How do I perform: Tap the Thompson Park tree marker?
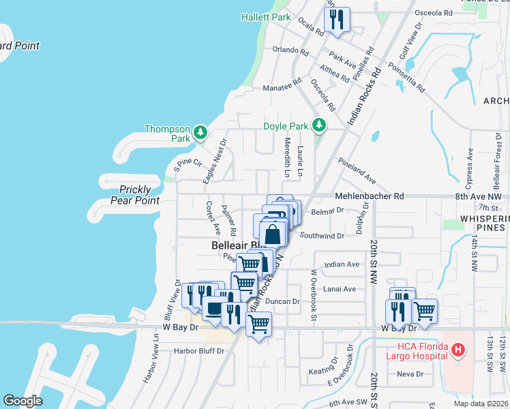point(200,131)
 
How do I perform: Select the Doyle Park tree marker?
point(318,125)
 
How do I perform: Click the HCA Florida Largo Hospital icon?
point(458,350)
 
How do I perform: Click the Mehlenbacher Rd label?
point(369,196)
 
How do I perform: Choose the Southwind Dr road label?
point(322,236)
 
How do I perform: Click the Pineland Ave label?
point(357,170)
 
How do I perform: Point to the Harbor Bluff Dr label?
point(198,351)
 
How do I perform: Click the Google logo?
point(22,401)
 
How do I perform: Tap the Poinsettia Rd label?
point(406,79)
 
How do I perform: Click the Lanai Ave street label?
point(340,288)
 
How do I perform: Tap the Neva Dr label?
point(410,374)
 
